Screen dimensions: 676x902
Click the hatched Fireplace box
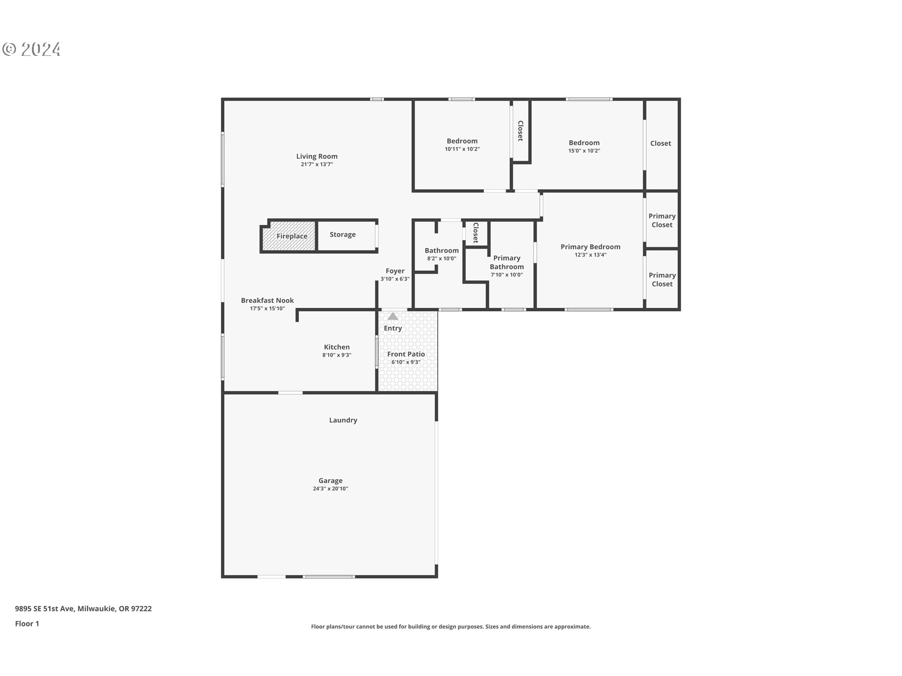click(x=289, y=236)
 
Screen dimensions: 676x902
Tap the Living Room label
click(x=317, y=156)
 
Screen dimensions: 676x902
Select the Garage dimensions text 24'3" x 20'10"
click(x=330, y=489)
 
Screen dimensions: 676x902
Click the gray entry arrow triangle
click(x=393, y=316)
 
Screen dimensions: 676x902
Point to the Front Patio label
click(x=406, y=354)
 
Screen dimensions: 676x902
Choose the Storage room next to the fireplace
click(x=346, y=235)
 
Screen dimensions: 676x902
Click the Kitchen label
click(x=336, y=347)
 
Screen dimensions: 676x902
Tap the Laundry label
click(x=343, y=420)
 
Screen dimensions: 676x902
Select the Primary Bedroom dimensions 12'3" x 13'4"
click(x=590, y=255)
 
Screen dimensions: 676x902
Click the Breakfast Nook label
click(x=267, y=300)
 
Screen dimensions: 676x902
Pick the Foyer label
click(x=395, y=271)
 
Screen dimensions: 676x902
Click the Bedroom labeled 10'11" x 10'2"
click(x=462, y=141)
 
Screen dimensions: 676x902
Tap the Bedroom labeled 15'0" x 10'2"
click(x=584, y=143)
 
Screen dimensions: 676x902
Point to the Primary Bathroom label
click(x=506, y=262)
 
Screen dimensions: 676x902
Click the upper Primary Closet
click(x=661, y=220)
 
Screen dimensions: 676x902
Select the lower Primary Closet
click(x=661, y=279)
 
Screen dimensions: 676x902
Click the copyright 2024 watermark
click(x=31, y=49)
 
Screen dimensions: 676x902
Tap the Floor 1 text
click(x=27, y=623)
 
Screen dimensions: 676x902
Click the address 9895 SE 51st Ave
click(x=45, y=608)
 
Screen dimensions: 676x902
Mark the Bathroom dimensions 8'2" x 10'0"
click(x=442, y=259)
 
